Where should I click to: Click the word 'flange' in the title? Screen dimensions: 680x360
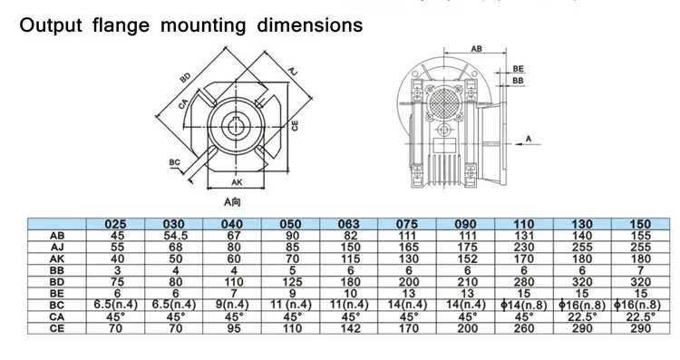121,25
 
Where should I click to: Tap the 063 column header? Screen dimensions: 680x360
349,224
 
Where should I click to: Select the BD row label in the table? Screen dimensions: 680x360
57,282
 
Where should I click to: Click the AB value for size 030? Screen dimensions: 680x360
174,236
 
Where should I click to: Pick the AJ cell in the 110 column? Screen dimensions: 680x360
523,248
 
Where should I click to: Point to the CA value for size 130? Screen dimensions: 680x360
582,317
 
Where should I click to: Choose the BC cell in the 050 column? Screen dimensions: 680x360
290,305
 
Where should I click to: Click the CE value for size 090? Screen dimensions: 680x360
465,328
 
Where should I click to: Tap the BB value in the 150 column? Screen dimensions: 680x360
640,270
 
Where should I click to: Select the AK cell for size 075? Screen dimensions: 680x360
407,259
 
